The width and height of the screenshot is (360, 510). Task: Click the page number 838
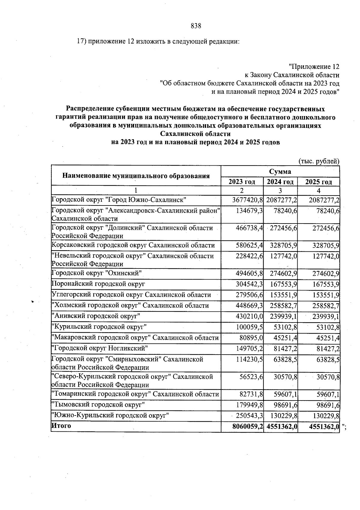coord(196,26)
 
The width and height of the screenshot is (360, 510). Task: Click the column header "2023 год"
coord(242,182)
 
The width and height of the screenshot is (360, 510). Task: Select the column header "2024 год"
coord(280,182)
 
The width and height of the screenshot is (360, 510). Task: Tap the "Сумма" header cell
coord(280,172)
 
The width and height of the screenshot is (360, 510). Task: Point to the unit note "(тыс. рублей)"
coord(319,161)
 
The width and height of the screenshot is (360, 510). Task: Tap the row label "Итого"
coord(61,426)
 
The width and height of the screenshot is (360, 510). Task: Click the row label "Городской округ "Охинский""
coord(97,273)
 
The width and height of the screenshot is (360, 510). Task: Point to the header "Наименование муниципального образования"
coord(136,176)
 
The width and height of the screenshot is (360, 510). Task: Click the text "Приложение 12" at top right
coord(314,66)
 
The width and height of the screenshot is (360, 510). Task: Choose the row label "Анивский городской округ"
coord(96,316)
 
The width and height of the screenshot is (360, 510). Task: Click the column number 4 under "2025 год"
coord(319,191)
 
